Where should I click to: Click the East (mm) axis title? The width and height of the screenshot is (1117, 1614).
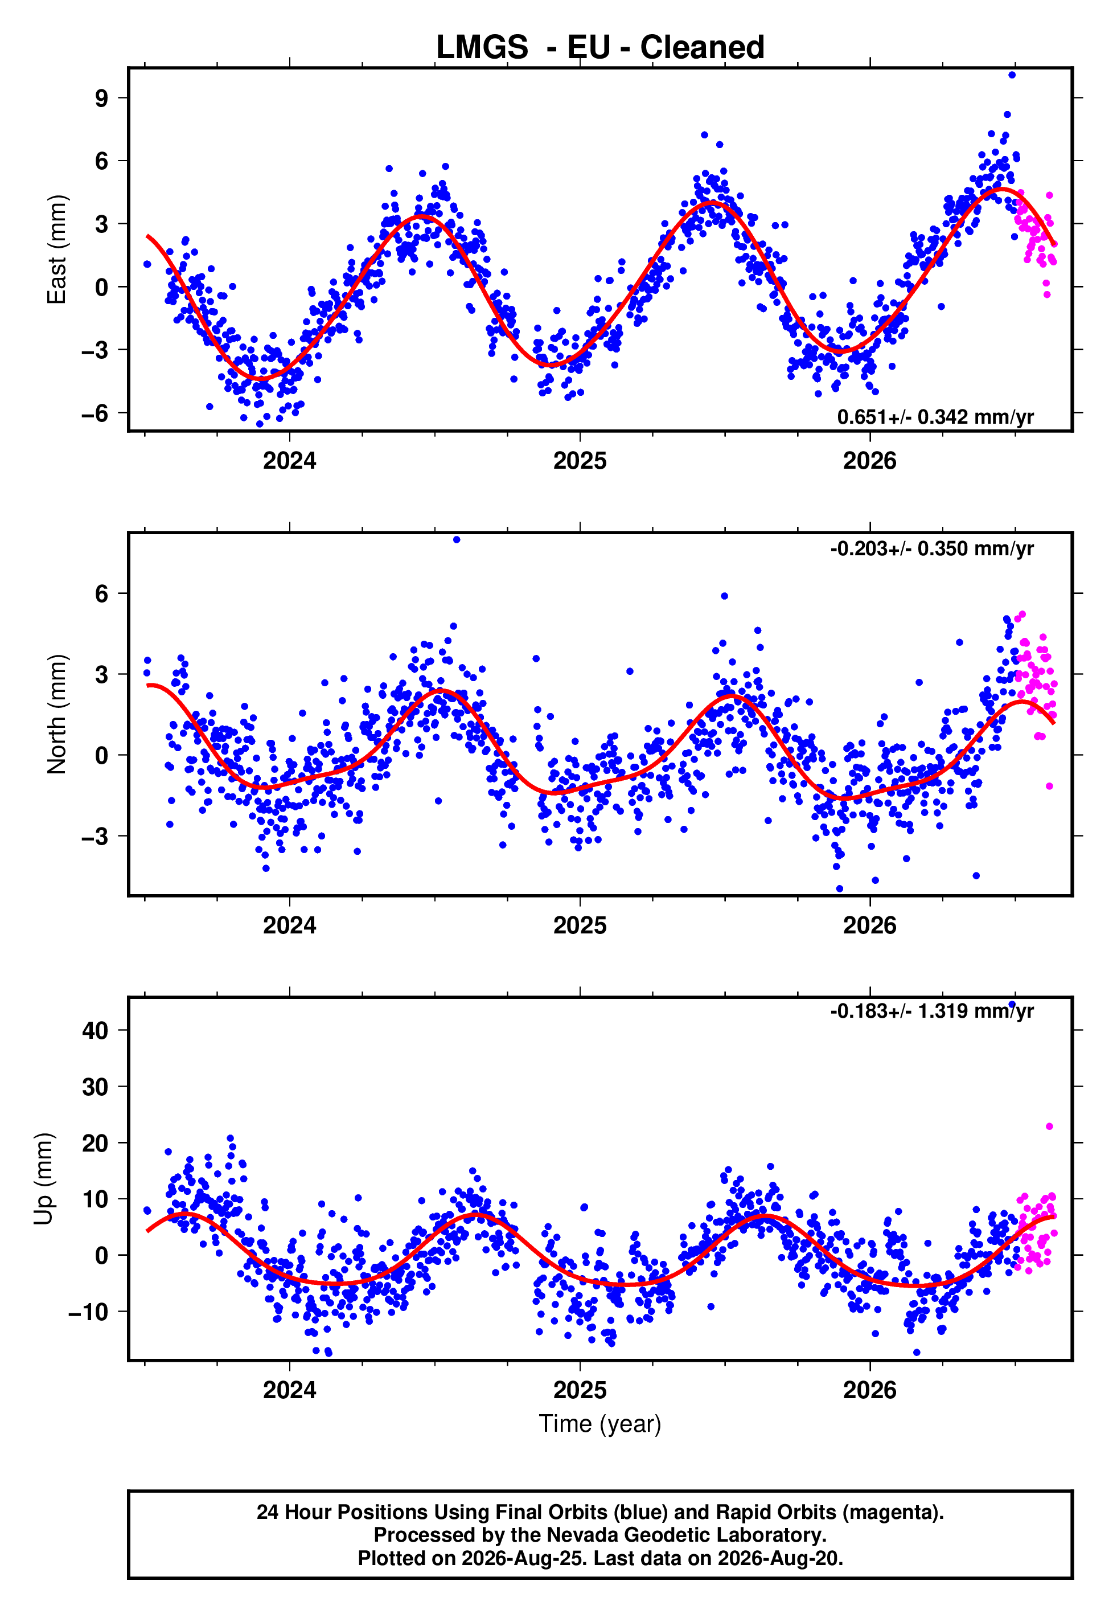click(x=57, y=249)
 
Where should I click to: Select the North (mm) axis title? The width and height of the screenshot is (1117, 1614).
click(x=57, y=714)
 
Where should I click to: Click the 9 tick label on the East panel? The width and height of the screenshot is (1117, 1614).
click(x=102, y=98)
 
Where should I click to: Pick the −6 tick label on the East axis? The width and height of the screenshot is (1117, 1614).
click(x=95, y=413)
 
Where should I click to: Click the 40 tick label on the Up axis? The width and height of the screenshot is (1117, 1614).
click(x=95, y=1030)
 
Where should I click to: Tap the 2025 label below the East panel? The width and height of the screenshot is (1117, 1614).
click(x=580, y=461)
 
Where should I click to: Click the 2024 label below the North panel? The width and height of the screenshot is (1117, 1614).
click(x=289, y=925)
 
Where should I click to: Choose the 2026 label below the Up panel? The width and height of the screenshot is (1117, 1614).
click(x=869, y=1390)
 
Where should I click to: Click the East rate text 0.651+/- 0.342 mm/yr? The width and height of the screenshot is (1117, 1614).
click(x=935, y=417)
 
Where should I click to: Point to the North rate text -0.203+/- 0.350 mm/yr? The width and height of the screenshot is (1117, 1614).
click(x=931, y=549)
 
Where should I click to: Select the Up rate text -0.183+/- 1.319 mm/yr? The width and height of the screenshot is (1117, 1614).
click(x=931, y=1011)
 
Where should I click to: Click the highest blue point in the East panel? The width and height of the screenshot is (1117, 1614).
click(x=1011, y=75)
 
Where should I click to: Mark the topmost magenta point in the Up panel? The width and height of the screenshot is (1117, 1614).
click(x=1049, y=1126)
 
